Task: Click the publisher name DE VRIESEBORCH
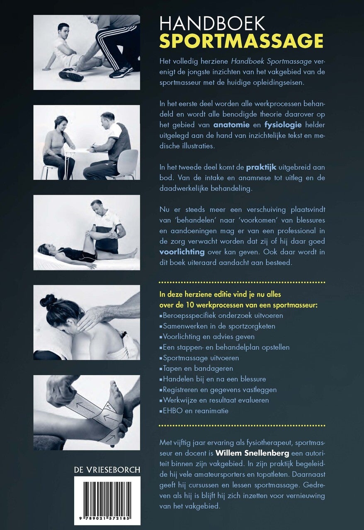coord(107,470)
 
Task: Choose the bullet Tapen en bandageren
coord(198,368)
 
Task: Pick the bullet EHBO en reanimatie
coord(195,411)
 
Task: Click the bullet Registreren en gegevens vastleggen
coord(219,390)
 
